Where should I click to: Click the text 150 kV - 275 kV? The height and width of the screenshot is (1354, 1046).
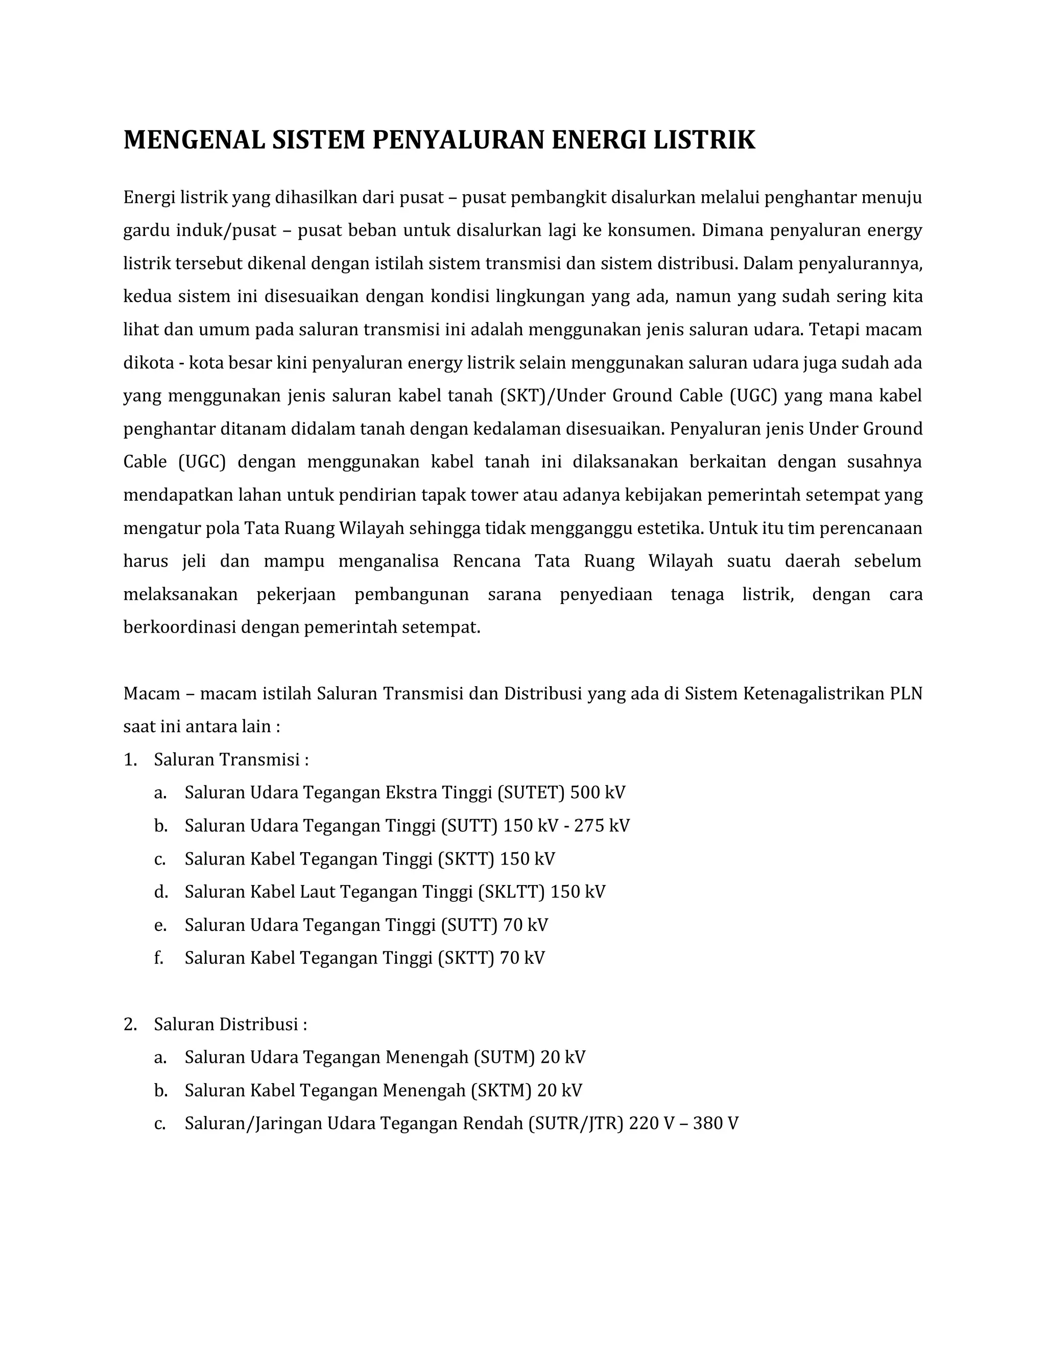(x=566, y=826)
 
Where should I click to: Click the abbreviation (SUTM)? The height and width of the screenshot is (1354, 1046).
(x=504, y=1057)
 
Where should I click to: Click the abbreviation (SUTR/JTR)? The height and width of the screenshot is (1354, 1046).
(x=575, y=1124)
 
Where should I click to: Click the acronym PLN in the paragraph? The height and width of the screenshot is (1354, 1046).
(x=906, y=693)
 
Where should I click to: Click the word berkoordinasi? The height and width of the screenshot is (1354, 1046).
(x=180, y=627)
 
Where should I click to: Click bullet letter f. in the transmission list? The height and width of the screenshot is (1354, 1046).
(x=159, y=958)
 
